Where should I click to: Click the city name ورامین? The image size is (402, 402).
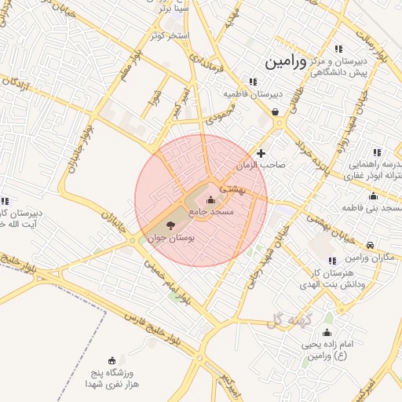[295, 60]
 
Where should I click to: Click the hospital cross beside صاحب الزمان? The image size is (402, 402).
[261, 153]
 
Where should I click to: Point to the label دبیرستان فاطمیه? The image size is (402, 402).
[252, 93]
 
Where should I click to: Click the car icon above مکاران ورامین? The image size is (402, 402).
[370, 245]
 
